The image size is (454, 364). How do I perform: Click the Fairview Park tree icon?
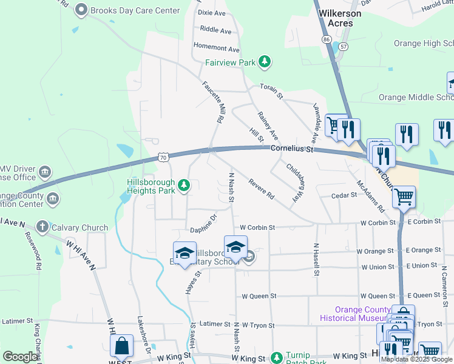point(264,61)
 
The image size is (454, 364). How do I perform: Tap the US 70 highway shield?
point(163,158)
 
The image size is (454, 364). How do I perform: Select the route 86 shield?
point(327,39)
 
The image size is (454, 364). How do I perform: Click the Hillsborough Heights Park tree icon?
point(184,184)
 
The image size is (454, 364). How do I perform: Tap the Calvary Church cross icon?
point(42,227)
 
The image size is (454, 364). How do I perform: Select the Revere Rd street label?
point(261,189)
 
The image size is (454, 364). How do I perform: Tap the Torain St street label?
point(271,91)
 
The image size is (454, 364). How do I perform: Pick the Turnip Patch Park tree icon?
point(277,358)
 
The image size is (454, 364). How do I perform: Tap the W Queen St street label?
point(259,296)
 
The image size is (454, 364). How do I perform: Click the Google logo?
point(20,357)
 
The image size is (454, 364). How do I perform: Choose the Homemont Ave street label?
point(216,47)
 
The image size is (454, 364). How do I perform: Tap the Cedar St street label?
point(344,195)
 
